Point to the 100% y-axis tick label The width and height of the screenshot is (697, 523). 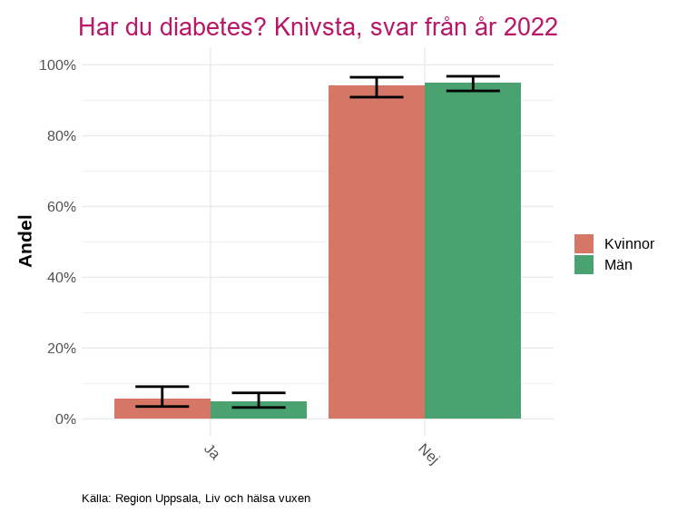(57, 65)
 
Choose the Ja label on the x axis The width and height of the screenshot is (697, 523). (211, 451)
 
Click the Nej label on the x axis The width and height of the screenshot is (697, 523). (428, 454)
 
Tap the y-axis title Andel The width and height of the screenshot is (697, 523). (25, 241)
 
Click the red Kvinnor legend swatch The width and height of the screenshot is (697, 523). (584, 243)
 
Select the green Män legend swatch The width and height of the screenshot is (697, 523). (584, 264)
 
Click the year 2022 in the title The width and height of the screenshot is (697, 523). (530, 27)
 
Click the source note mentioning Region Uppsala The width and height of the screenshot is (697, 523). (196, 498)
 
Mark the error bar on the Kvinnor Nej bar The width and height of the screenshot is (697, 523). (377, 87)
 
